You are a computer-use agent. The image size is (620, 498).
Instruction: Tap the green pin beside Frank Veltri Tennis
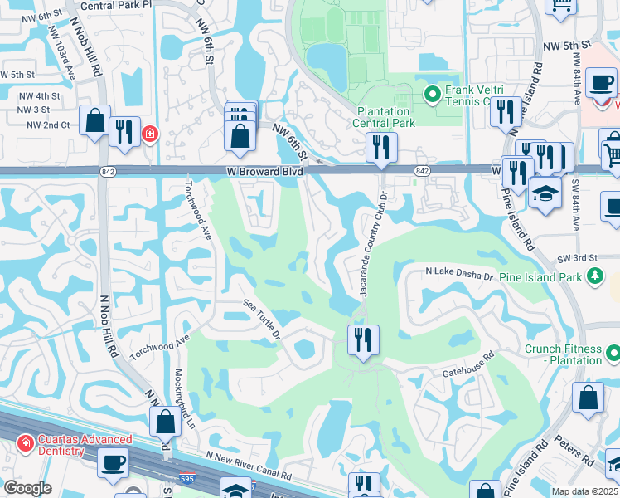click(432, 95)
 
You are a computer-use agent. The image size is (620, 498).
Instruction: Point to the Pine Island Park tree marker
click(593, 274)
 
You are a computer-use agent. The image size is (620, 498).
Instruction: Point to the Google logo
click(27, 488)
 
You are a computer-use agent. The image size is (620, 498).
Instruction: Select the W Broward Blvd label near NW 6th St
click(264, 172)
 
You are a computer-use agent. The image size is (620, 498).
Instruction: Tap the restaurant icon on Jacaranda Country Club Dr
click(363, 340)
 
